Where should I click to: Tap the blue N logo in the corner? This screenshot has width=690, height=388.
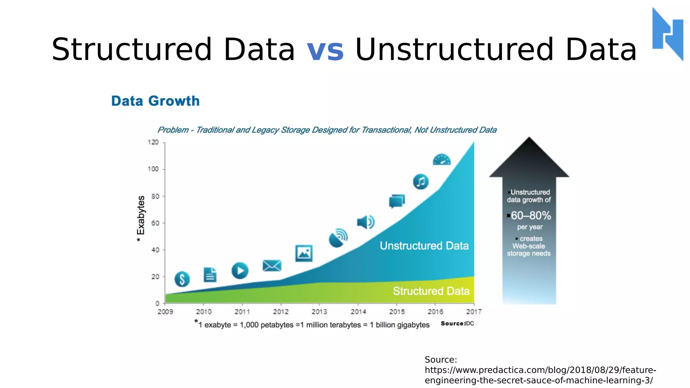[x=668, y=34]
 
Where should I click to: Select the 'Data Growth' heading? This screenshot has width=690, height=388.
[x=155, y=101]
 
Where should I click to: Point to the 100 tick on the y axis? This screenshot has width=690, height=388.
[x=153, y=169]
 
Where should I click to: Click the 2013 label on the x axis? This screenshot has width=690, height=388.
[x=319, y=312]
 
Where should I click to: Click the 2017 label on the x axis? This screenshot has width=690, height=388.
[x=474, y=312]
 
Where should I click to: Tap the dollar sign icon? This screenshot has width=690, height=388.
[x=182, y=279]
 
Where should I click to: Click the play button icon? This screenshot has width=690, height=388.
[x=240, y=270]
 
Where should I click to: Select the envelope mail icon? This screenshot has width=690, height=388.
[x=272, y=266]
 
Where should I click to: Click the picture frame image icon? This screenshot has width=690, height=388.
[x=304, y=253]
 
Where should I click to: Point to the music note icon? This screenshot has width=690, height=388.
[x=420, y=182]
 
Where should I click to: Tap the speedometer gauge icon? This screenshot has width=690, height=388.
[x=441, y=160]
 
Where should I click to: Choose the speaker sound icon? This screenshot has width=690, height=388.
[x=366, y=222]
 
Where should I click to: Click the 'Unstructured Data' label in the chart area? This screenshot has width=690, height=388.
[x=424, y=246]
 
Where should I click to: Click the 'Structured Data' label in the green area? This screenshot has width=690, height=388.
[x=431, y=291]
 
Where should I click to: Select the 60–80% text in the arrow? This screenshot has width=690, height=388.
[x=531, y=216]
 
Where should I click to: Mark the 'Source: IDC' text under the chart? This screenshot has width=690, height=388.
[x=457, y=323]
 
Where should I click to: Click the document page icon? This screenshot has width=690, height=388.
[x=210, y=275]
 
